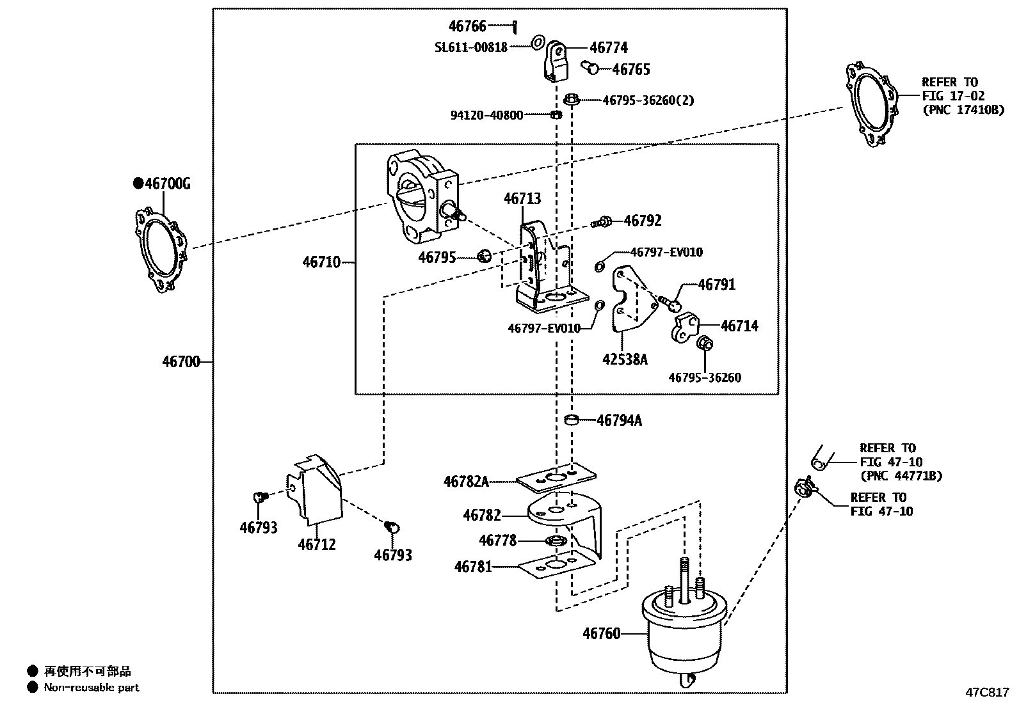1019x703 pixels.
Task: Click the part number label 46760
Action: (x=601, y=634)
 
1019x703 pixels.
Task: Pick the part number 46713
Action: (x=522, y=199)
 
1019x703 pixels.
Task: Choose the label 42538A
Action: (x=624, y=359)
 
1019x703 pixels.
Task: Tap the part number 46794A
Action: (x=619, y=420)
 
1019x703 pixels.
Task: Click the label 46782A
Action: (x=465, y=481)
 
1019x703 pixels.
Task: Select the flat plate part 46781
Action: (x=556, y=567)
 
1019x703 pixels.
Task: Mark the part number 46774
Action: (x=608, y=48)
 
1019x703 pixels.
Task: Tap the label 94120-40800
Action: (x=486, y=115)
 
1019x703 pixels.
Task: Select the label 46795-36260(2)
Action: (x=648, y=100)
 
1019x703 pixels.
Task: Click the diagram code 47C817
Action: (x=988, y=692)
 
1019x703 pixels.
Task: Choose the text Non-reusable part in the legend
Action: (x=91, y=688)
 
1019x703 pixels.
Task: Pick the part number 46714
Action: (x=739, y=326)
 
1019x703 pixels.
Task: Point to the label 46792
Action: (x=642, y=221)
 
